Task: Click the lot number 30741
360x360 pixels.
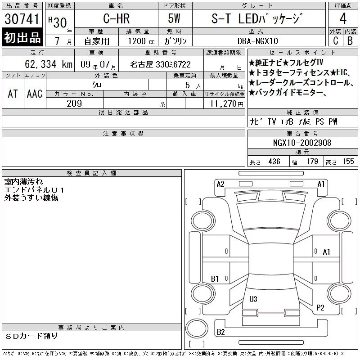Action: (x=22, y=19)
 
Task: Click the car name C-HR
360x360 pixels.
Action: (x=117, y=18)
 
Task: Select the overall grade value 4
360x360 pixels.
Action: (x=343, y=18)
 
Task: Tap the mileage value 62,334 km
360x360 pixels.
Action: (x=49, y=64)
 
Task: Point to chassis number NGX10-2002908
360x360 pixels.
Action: (x=302, y=143)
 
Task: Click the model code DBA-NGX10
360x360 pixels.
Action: (x=257, y=41)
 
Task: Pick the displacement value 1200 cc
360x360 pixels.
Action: (x=141, y=41)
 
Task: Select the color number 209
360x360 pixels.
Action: (x=74, y=103)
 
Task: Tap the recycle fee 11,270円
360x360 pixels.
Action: (x=226, y=104)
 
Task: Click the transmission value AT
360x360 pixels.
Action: (x=13, y=94)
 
